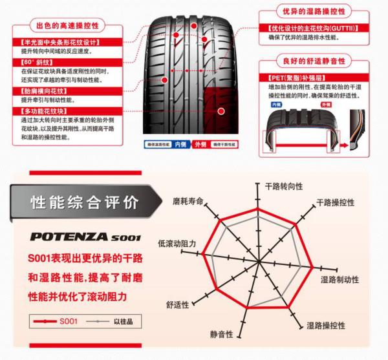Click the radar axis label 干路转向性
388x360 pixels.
284,187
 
